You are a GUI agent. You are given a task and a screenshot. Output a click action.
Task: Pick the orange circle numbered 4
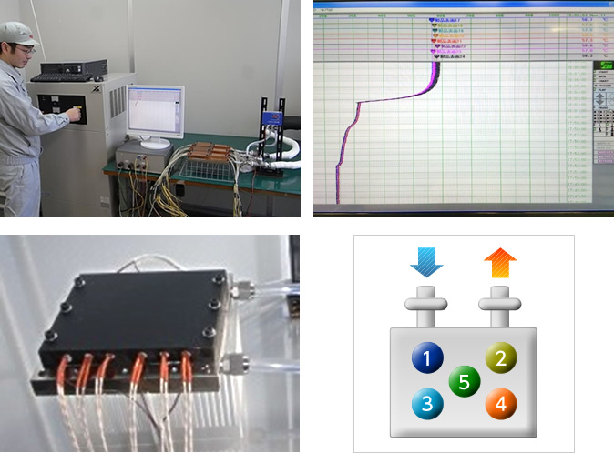[498, 402]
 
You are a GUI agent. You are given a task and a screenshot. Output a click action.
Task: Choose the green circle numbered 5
[463, 381]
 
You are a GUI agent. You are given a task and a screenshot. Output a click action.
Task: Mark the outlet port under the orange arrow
[499, 306]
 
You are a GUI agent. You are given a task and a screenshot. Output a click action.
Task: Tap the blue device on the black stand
[271, 117]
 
